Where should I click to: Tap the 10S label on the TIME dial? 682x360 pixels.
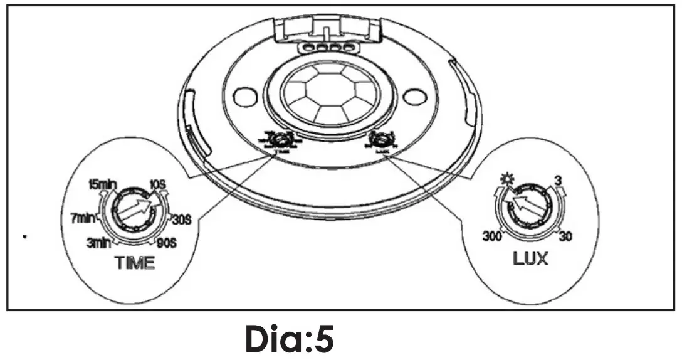[156, 185]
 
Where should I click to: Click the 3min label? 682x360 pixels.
[100, 243]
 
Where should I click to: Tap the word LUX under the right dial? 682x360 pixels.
[529, 258]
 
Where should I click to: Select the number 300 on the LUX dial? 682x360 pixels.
[494, 236]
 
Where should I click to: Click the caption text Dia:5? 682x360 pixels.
[290, 339]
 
